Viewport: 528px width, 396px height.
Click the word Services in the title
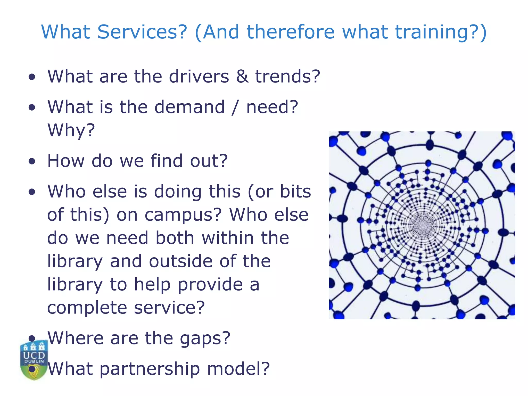[x=142, y=32]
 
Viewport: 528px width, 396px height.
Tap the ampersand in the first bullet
[x=242, y=77]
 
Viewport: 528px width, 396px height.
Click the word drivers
[x=199, y=77]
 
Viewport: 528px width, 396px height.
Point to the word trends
[x=287, y=77]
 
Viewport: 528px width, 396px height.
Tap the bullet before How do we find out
[x=32, y=162]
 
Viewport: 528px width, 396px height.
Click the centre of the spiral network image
[x=422, y=225]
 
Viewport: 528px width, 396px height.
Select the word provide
[x=210, y=285]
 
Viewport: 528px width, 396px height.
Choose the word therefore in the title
[x=291, y=32]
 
